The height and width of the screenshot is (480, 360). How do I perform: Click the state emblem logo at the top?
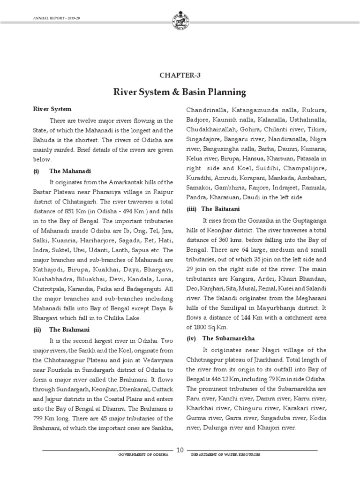pyautogui.click(x=180, y=19)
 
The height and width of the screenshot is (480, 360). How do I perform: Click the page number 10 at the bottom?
pyautogui.click(x=180, y=450)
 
